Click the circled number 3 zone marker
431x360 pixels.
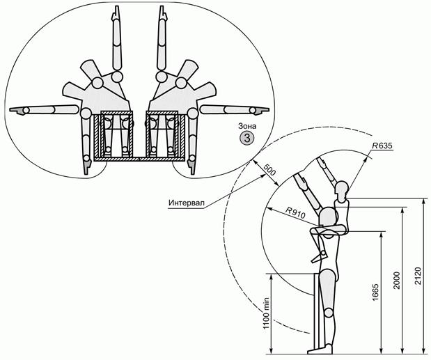[x=247, y=138]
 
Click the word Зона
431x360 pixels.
[x=247, y=126]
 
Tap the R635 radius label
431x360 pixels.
[x=382, y=146]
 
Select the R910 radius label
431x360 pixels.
[x=295, y=212]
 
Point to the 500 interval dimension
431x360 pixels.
[x=269, y=170]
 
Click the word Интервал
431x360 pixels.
[x=187, y=203]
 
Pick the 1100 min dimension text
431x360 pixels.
[x=266, y=313]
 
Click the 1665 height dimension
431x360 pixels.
[x=375, y=292]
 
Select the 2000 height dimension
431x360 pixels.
[x=396, y=280]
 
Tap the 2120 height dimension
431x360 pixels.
[x=417, y=276]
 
